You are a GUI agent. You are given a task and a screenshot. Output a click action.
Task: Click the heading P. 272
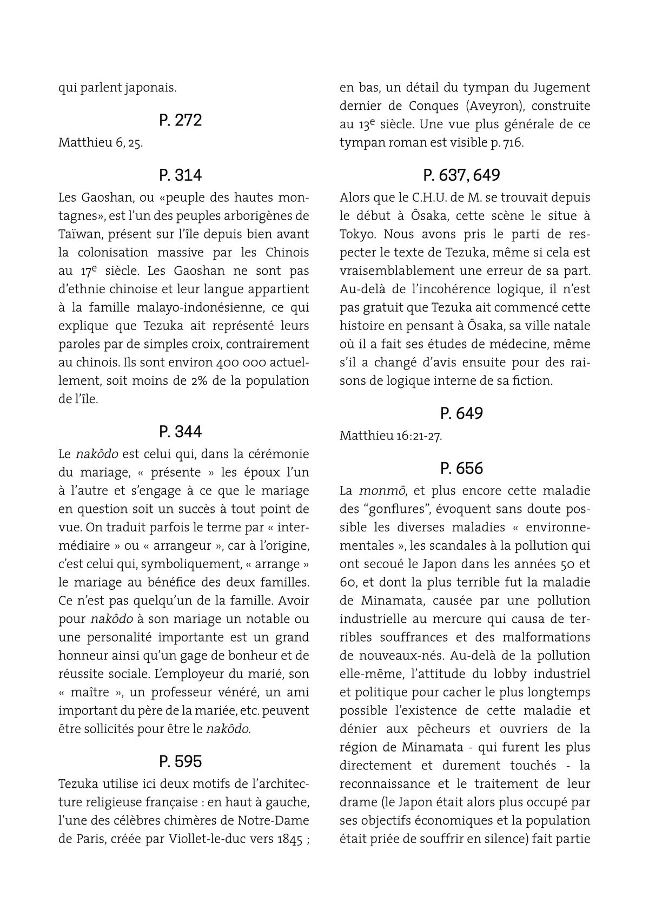coord(181,120)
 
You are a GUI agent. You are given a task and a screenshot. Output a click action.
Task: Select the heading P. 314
coord(181,175)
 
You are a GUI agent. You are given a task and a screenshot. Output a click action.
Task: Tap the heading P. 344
coord(181,432)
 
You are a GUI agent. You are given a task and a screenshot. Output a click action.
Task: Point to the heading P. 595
coord(181,761)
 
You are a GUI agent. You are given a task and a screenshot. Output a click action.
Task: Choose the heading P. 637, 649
coord(461,175)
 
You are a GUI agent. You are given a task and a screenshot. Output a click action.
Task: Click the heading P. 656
coord(461,468)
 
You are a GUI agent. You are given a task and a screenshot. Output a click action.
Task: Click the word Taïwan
coord(82,234)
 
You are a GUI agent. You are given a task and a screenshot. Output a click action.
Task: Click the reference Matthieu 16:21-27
coord(390,436)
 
